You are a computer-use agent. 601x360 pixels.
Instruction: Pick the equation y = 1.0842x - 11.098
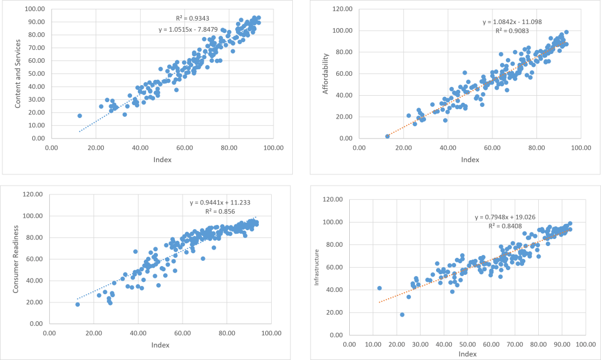click(512, 22)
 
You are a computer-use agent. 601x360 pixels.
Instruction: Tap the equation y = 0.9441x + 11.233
click(219, 203)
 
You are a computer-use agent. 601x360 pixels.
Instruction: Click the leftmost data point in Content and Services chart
click(80, 116)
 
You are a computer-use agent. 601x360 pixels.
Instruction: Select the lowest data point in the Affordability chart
click(387, 136)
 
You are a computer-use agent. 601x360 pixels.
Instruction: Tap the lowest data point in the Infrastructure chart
click(402, 315)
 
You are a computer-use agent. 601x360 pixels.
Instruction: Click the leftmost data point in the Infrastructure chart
click(379, 288)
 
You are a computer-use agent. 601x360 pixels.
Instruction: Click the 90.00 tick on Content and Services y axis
click(36, 22)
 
